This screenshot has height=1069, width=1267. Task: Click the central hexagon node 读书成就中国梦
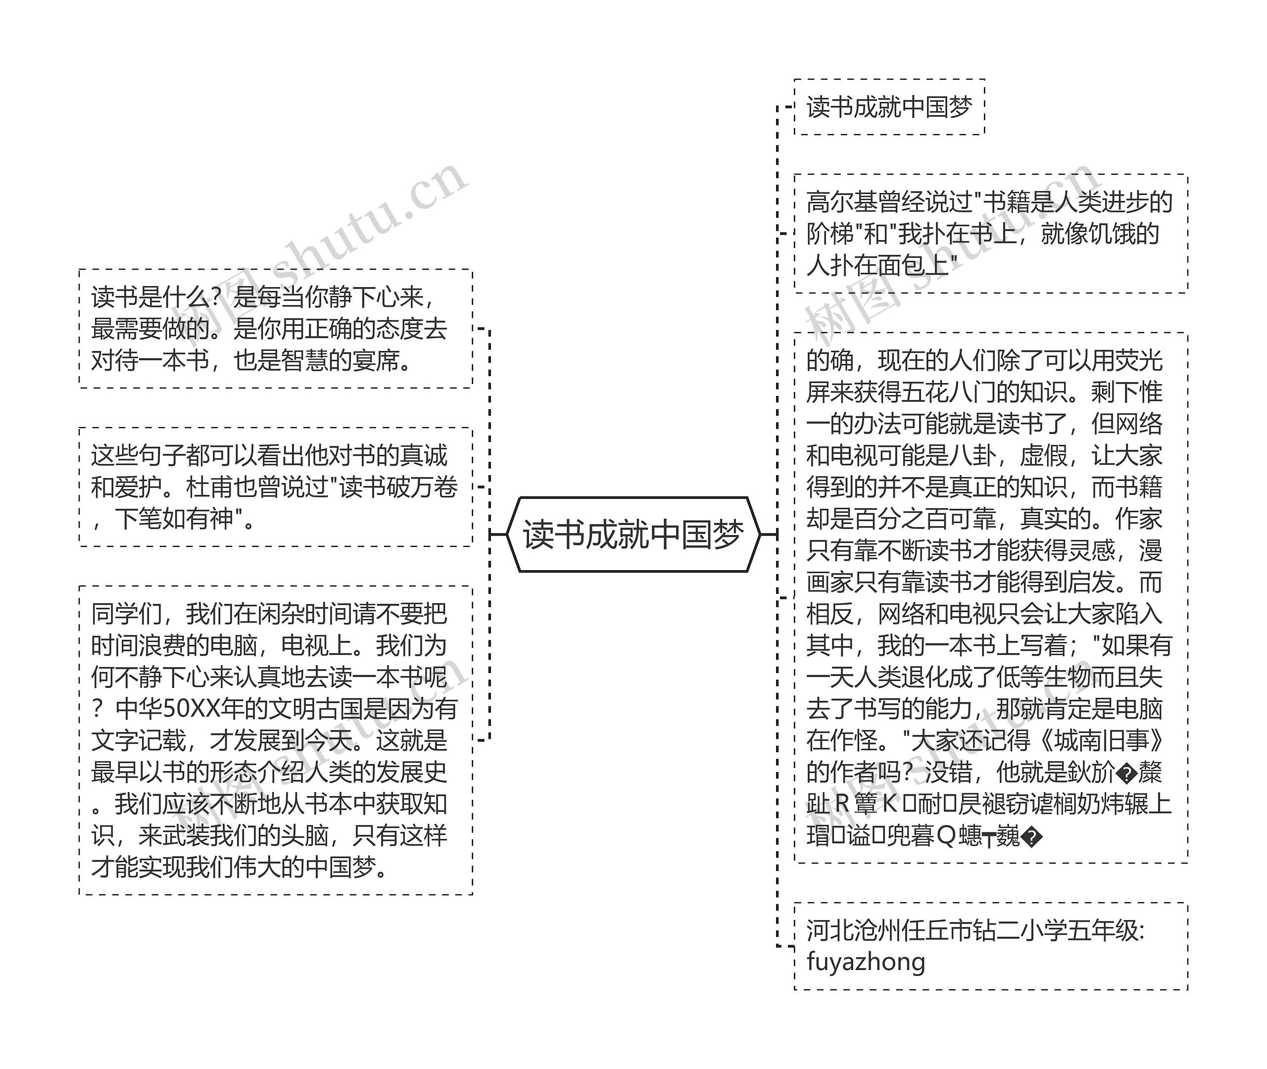pyautogui.click(x=633, y=534)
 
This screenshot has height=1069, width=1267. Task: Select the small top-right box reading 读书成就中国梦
pyautogui.click(x=889, y=107)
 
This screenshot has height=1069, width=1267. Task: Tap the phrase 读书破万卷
pyautogui.click(x=398, y=487)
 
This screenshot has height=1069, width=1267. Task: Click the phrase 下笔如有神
pyautogui.click(x=174, y=519)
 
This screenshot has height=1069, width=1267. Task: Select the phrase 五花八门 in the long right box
pyautogui.click(x=949, y=392)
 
